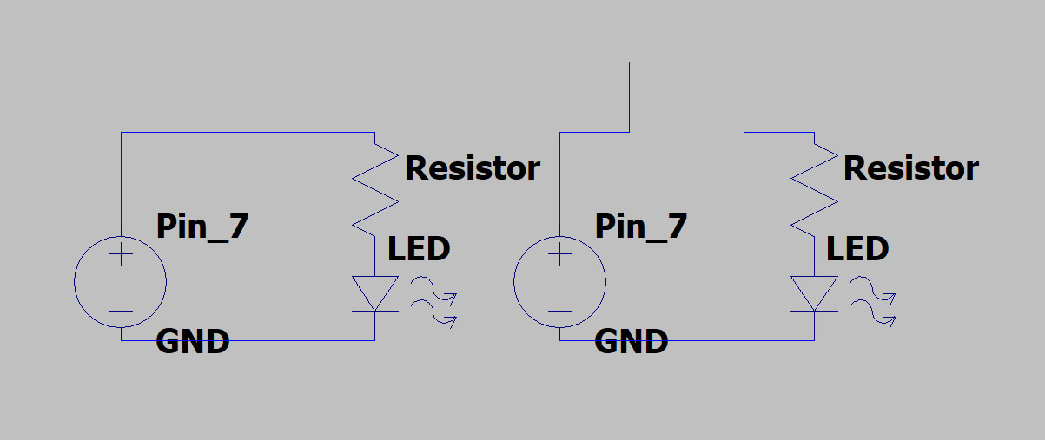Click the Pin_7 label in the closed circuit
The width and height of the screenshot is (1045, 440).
[202, 227]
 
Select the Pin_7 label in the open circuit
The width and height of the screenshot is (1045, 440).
[641, 227]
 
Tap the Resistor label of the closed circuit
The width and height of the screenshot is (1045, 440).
[473, 167]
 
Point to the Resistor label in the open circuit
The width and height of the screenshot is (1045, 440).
[911, 167]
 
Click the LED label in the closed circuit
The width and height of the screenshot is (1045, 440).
[419, 250]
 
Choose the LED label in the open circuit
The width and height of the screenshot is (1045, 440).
[857, 250]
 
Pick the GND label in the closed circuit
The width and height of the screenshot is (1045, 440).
[192, 341]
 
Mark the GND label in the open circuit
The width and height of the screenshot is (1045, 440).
[632, 341]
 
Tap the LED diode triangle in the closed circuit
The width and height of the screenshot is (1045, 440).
[375, 292]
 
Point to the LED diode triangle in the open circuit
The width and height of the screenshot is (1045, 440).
[814, 292]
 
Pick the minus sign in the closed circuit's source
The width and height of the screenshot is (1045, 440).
[121, 311]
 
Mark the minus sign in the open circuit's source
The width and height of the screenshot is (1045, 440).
[560, 311]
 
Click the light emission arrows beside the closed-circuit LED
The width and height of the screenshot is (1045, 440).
[433, 300]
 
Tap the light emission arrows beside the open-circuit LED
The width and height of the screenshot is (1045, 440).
[872, 300]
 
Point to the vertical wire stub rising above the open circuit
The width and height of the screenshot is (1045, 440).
[629, 95]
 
